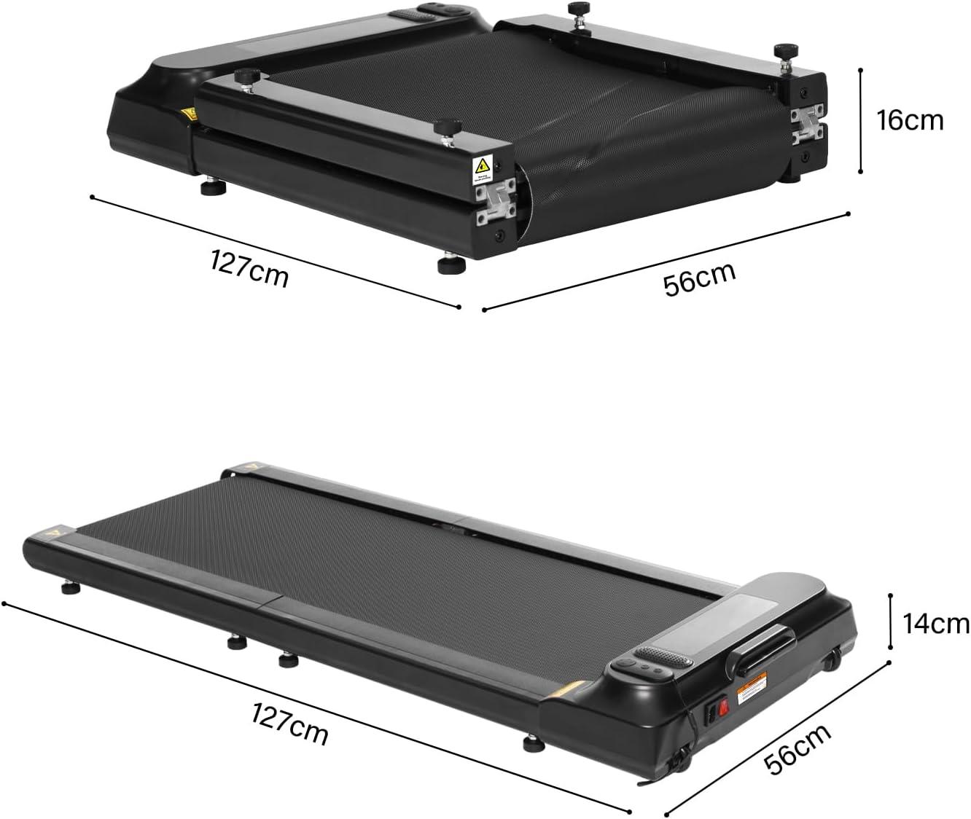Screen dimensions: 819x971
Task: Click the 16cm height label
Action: [x=910, y=120]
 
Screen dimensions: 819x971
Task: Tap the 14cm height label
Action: [x=936, y=624]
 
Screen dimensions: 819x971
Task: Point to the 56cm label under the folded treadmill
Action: [x=699, y=277]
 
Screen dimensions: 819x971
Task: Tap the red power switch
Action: [x=725, y=706]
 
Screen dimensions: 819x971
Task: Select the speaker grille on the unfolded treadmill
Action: [x=664, y=656]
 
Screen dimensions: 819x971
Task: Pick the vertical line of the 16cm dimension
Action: [x=861, y=121]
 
